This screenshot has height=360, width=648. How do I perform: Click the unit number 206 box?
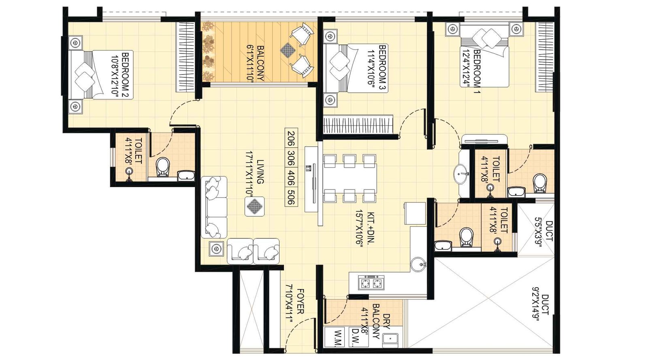[290, 138]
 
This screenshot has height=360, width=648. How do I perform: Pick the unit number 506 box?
[290, 196]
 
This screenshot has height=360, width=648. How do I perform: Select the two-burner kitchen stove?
[371, 283]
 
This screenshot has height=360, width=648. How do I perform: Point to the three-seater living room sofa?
[214, 207]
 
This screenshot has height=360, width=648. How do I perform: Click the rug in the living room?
[254, 207]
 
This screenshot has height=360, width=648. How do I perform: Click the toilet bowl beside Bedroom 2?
[163, 166]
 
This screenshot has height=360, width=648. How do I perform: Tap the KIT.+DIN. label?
[366, 228]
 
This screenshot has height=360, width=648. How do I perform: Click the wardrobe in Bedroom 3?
[358, 124]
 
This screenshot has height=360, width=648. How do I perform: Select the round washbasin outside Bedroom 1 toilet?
[461, 174]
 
